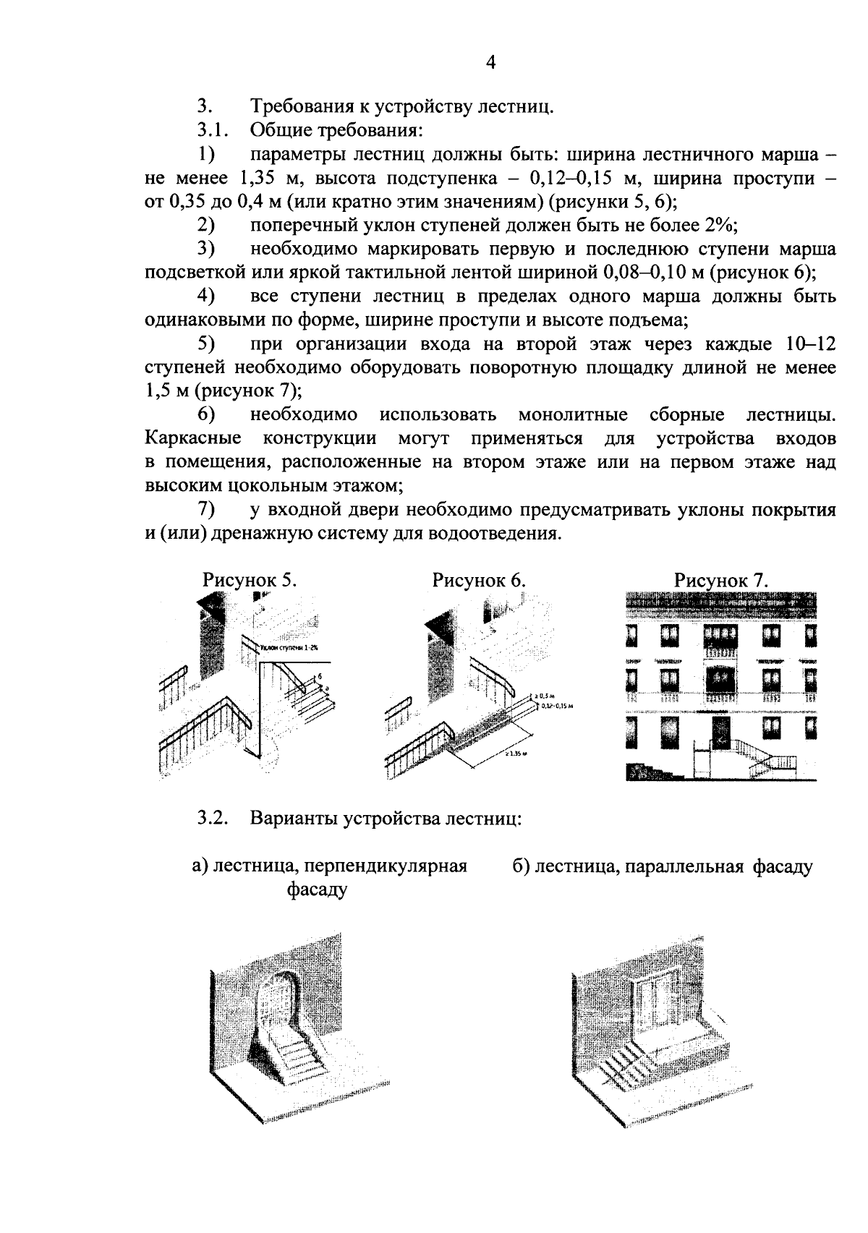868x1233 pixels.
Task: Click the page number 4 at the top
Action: tap(490, 64)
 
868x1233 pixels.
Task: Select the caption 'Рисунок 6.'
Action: tap(479, 581)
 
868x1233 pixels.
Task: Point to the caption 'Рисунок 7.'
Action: tap(721, 581)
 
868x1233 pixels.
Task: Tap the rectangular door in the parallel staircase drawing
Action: tap(653, 1009)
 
